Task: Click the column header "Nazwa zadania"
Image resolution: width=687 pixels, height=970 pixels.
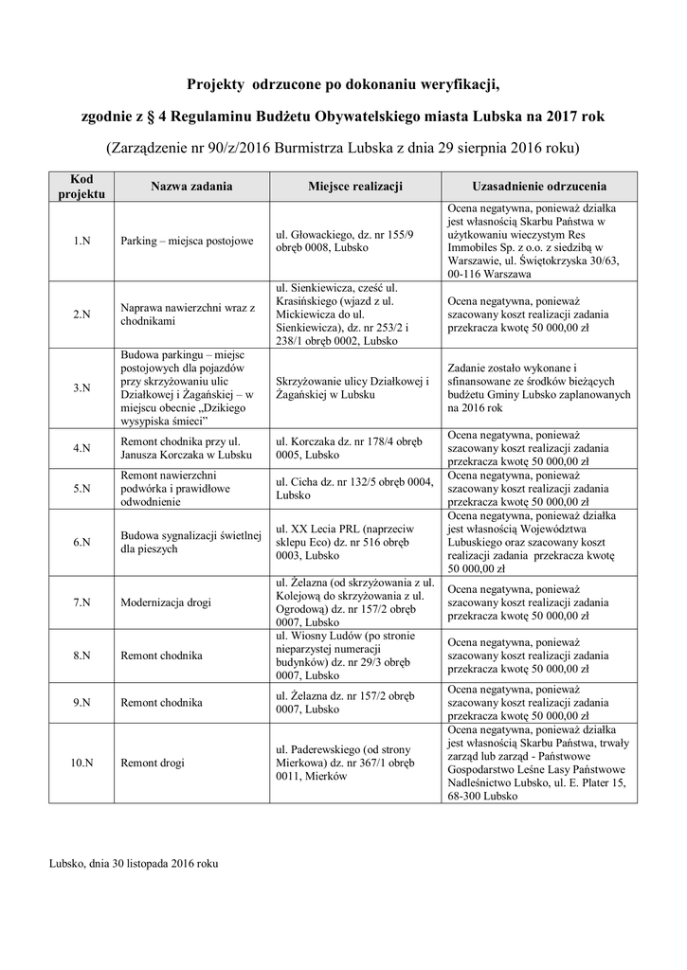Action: [x=191, y=187]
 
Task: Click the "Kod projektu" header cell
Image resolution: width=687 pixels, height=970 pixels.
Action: [x=81, y=187]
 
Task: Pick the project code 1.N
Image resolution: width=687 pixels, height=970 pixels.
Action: [x=81, y=241]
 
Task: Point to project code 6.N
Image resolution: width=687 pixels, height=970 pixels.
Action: [x=81, y=542]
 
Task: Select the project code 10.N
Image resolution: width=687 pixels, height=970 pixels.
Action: [x=81, y=762]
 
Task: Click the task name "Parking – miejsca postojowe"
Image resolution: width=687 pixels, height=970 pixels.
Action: [x=188, y=241]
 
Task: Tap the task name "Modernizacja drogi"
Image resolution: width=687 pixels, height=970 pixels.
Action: [x=166, y=602]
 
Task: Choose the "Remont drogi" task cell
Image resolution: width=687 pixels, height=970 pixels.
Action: [x=153, y=762]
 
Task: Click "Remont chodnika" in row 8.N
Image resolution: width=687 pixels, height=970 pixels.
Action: [x=161, y=655]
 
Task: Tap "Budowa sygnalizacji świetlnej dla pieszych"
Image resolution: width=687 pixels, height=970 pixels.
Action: [x=190, y=542]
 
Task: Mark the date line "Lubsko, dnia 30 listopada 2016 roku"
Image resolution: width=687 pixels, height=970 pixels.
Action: [x=134, y=863]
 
